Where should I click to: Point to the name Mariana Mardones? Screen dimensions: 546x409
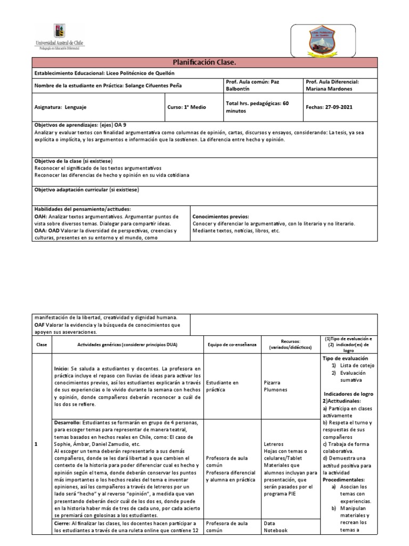328,90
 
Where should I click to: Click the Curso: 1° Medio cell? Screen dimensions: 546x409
187,107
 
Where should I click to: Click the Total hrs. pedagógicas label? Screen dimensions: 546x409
257,103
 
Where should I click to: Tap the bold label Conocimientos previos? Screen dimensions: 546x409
220,217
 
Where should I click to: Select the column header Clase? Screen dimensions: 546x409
42,345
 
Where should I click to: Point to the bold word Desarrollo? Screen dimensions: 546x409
69,422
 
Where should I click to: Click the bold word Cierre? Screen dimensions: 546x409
63,524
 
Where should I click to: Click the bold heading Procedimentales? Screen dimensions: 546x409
345,479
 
